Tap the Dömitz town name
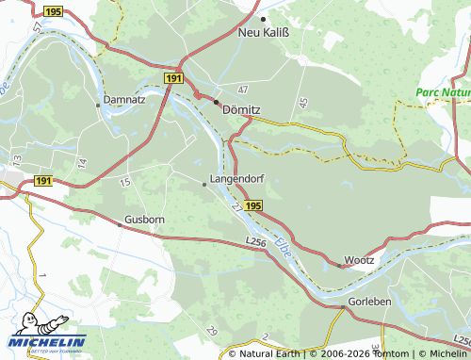(240, 109)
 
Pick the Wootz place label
(359, 259)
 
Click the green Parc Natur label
(443, 92)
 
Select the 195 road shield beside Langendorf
(252, 205)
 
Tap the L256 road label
(255, 243)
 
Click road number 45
(302, 102)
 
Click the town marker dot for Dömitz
(216, 101)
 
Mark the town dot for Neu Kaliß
(264, 19)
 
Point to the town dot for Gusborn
(120, 225)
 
